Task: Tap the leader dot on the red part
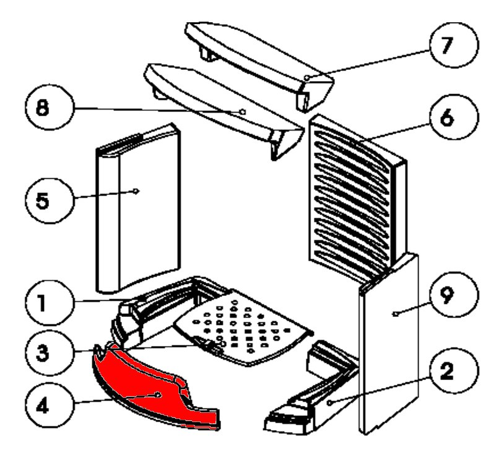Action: coord(159,394)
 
